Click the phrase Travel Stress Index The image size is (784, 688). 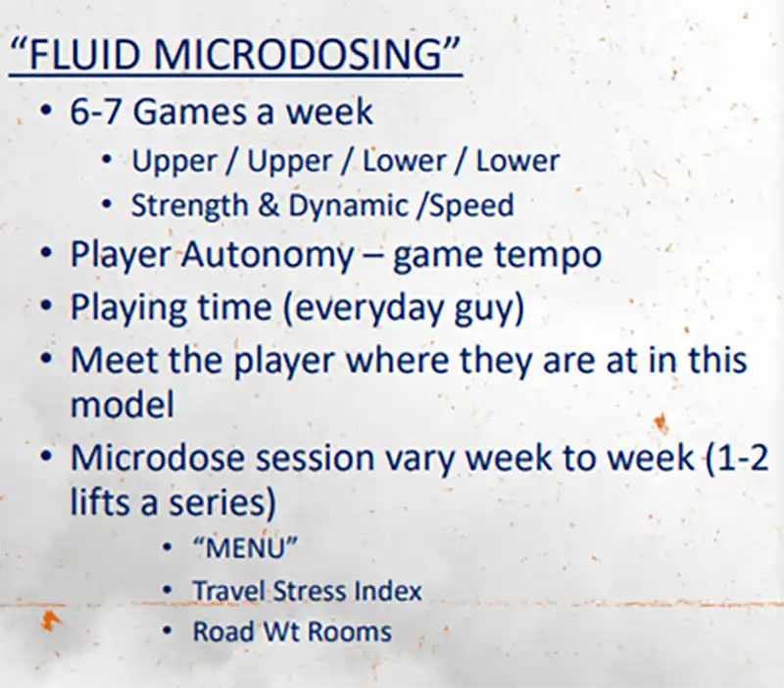point(307,591)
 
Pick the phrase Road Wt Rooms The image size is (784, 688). point(292,631)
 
